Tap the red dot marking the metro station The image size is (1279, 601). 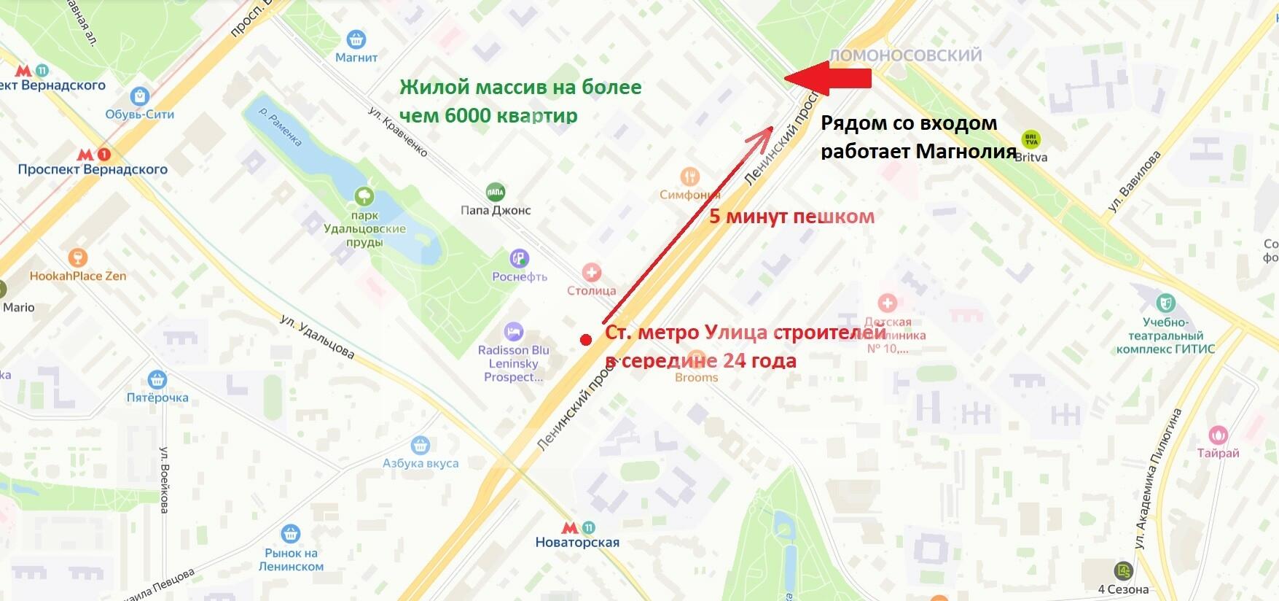[x=585, y=340]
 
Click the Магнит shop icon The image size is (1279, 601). [x=356, y=39]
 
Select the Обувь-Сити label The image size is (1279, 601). [x=139, y=114]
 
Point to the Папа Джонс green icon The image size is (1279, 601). [x=496, y=192]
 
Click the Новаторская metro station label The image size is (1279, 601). [x=576, y=542]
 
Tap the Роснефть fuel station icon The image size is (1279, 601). [x=519, y=258]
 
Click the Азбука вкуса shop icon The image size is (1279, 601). [x=420, y=445]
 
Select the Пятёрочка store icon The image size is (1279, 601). [x=157, y=379]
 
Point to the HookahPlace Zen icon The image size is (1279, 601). [x=77, y=258]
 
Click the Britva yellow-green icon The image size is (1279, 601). [x=1030, y=139]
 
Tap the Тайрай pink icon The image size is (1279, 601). [x=1218, y=435]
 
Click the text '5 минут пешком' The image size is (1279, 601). [x=791, y=217]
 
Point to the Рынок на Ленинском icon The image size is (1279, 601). [x=291, y=534]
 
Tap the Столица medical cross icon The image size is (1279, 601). [x=591, y=273]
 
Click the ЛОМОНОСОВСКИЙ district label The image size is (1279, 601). [x=906, y=55]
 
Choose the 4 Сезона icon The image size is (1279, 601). [x=1123, y=570]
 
